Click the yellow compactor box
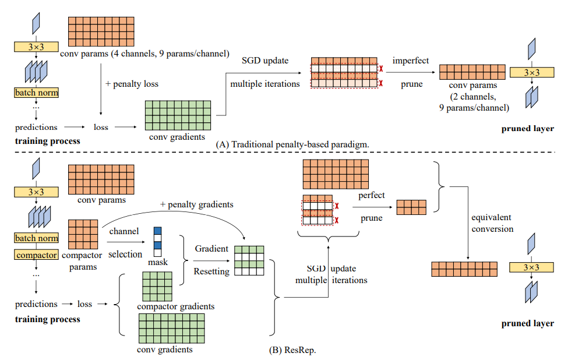[x=37, y=255]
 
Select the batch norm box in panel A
[x=37, y=92]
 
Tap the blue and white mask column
[x=157, y=242]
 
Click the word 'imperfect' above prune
[x=410, y=61]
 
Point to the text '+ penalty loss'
[x=132, y=83]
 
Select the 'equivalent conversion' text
[x=493, y=223]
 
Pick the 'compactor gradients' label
[x=176, y=306]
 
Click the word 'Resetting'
[x=212, y=271]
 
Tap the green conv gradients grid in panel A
[x=179, y=115]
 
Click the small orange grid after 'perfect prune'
[x=411, y=206]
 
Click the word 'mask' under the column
[x=157, y=262]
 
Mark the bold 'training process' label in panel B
[x=48, y=319]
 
